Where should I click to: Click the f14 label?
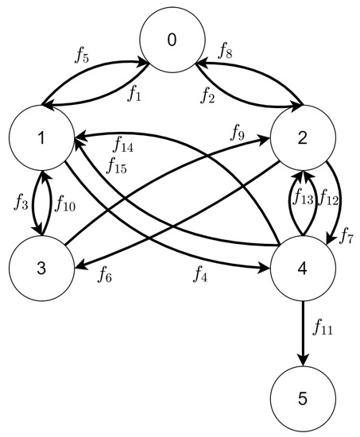(123, 145)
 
